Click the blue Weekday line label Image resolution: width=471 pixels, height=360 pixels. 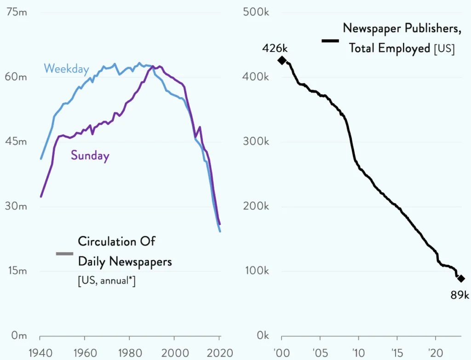coord(66,69)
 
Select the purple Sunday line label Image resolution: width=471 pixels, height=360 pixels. coord(90,156)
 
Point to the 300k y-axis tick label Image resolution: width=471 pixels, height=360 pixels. coord(257,141)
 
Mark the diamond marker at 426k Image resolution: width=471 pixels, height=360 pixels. coord(281,60)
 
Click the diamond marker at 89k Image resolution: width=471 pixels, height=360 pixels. coord(461,279)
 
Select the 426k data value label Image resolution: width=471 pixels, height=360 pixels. coord(275,47)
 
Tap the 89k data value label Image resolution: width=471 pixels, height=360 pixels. coord(460,295)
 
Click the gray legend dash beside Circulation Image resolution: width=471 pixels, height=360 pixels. coord(64,254)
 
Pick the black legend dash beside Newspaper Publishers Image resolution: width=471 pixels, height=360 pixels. coord(330,41)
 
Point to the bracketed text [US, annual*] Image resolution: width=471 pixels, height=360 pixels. coord(106,280)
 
